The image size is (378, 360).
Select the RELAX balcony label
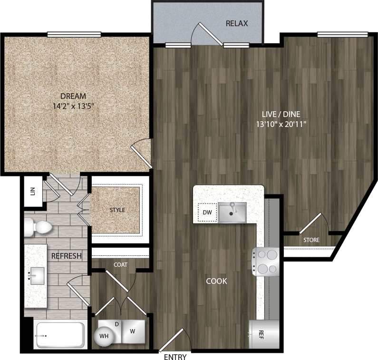pyautogui.click(x=237, y=23)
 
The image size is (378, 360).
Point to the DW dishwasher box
pyautogui.click(x=207, y=212)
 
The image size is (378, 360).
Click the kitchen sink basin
pyautogui.click(x=232, y=212)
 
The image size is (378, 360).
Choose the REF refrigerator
pyautogui.click(x=261, y=335)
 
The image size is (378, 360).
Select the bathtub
pyautogui.click(x=60, y=336)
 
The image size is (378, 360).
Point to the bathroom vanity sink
pyautogui.click(x=37, y=275)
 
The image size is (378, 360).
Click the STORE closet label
pyautogui.click(x=311, y=240)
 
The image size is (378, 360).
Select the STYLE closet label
pyautogui.click(x=117, y=210)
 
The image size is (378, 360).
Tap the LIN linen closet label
pyautogui.click(x=33, y=191)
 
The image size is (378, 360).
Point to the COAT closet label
pyautogui.click(x=121, y=265)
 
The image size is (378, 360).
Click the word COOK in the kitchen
pyautogui.click(x=216, y=281)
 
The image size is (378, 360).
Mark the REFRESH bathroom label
pyautogui.click(x=67, y=256)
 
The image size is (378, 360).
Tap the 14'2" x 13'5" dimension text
pyautogui.click(x=73, y=107)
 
